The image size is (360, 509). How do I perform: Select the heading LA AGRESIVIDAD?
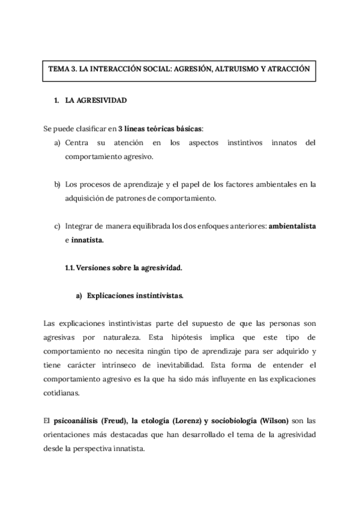97,100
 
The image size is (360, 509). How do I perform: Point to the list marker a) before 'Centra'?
58,143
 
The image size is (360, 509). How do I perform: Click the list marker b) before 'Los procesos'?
58,184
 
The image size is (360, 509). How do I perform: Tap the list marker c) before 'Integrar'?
58,226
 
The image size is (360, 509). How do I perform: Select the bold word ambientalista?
292,226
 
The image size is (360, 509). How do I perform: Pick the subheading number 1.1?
70,268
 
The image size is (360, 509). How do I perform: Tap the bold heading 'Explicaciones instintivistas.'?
135,296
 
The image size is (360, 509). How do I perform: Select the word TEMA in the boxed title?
58,69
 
